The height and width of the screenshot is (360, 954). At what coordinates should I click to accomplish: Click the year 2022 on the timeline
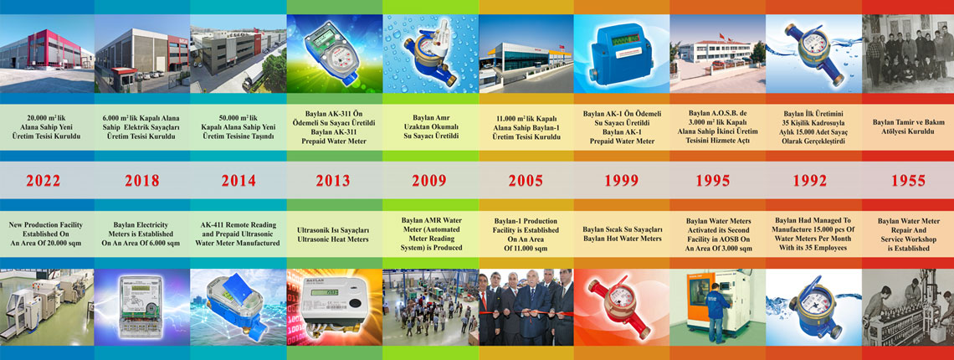click(x=43, y=180)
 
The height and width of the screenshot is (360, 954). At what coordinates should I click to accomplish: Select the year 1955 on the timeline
click(x=908, y=180)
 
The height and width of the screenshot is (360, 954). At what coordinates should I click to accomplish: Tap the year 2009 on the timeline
click(x=429, y=180)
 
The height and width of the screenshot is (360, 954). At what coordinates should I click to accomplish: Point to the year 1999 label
click(x=621, y=180)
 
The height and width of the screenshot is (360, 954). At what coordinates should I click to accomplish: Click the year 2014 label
click(x=238, y=180)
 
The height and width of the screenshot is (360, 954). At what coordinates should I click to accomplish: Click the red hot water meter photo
click(x=621, y=307)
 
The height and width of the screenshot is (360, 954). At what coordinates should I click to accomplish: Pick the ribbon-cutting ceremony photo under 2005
click(x=526, y=307)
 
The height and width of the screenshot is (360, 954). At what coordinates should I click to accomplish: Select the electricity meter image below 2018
click(x=142, y=307)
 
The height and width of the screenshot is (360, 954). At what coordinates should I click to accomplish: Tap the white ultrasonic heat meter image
click(x=334, y=307)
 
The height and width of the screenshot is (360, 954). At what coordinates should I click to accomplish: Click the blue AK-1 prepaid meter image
click(x=621, y=54)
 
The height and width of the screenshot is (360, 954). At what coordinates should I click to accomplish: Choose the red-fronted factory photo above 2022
click(x=47, y=54)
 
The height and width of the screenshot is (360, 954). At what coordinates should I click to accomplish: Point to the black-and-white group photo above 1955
click(x=908, y=54)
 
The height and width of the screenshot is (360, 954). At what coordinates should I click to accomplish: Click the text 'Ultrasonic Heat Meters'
click(x=334, y=239)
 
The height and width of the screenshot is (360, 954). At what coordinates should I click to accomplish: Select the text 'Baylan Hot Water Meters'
click(x=621, y=239)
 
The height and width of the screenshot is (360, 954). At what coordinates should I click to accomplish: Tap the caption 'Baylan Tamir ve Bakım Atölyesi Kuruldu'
click(x=908, y=126)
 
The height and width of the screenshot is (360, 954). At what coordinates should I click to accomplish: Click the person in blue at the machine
click(x=715, y=311)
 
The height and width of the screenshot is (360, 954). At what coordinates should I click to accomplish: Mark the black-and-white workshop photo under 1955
click(x=908, y=307)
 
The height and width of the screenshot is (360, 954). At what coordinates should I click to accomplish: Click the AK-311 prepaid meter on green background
click(x=334, y=54)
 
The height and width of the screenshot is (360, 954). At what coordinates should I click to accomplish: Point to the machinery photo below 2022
click(x=47, y=307)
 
